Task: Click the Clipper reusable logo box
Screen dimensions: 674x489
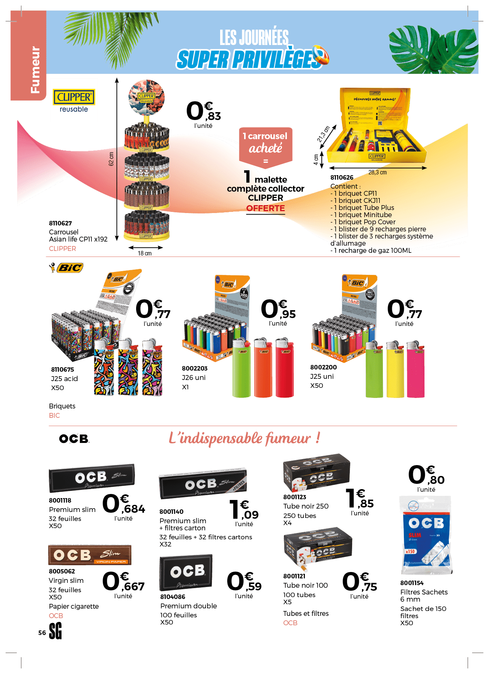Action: pos(74,100)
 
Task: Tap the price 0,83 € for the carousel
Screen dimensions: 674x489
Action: pos(203,112)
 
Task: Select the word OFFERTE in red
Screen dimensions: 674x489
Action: pos(265,208)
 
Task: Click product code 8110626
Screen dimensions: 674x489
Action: pos(342,177)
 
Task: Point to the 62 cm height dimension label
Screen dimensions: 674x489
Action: pos(111,159)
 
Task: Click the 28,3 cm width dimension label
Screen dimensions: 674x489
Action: pos(377,172)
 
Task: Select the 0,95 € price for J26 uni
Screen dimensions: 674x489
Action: pos(278,310)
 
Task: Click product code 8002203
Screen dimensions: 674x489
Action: pos(195,368)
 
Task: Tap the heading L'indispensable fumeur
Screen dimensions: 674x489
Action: pos(244,438)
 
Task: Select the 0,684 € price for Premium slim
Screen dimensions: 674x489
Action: pos(123,504)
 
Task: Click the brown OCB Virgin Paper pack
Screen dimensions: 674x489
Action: pos(90,555)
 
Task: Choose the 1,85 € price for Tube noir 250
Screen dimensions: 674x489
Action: pos(359,499)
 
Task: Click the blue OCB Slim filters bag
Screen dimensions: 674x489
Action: pos(426,536)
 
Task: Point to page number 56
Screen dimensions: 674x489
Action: pos(42,633)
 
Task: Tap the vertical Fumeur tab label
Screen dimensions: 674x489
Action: pos(35,70)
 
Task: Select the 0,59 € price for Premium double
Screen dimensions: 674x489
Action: pos(244,582)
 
